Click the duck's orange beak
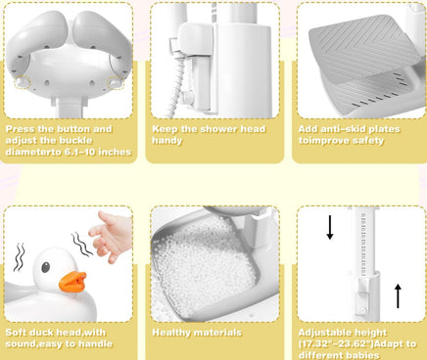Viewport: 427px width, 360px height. (x=72, y=282)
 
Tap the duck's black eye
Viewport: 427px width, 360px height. (x=46, y=267)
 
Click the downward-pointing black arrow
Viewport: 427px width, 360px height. (x=330, y=227)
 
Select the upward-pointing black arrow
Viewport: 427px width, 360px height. (x=398, y=296)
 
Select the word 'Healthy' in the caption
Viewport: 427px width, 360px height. (x=171, y=333)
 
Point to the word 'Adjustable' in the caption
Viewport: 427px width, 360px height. (x=321, y=333)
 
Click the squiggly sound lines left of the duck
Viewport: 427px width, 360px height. (x=19, y=257)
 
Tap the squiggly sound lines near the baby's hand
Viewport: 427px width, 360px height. (x=81, y=244)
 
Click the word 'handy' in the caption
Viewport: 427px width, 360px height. (x=166, y=141)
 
